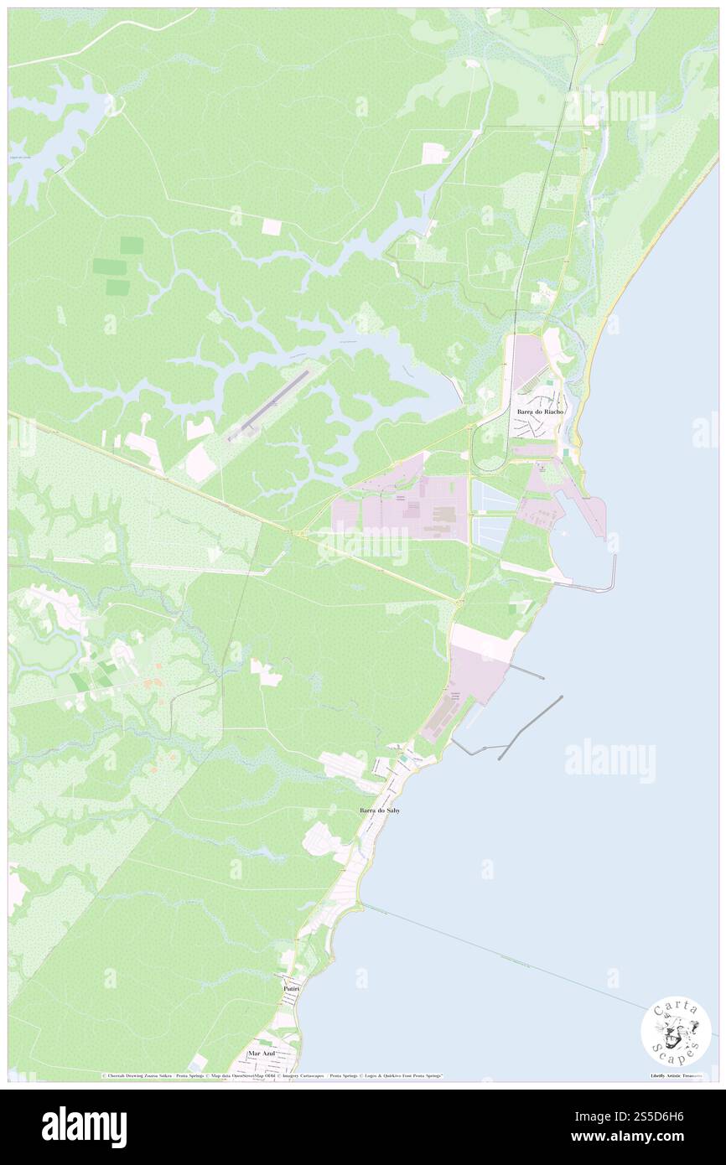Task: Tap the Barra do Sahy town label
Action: click(x=379, y=810)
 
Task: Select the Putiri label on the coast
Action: click(x=292, y=990)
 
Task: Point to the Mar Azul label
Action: click(x=262, y=1053)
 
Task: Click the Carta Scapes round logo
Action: click(x=676, y=1033)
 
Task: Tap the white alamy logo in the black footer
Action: click(x=84, y=1127)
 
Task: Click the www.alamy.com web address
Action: click(x=662, y=1137)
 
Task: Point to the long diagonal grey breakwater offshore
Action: click(x=530, y=727)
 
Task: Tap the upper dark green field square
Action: click(x=131, y=245)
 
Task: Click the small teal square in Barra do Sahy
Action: click(x=405, y=758)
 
